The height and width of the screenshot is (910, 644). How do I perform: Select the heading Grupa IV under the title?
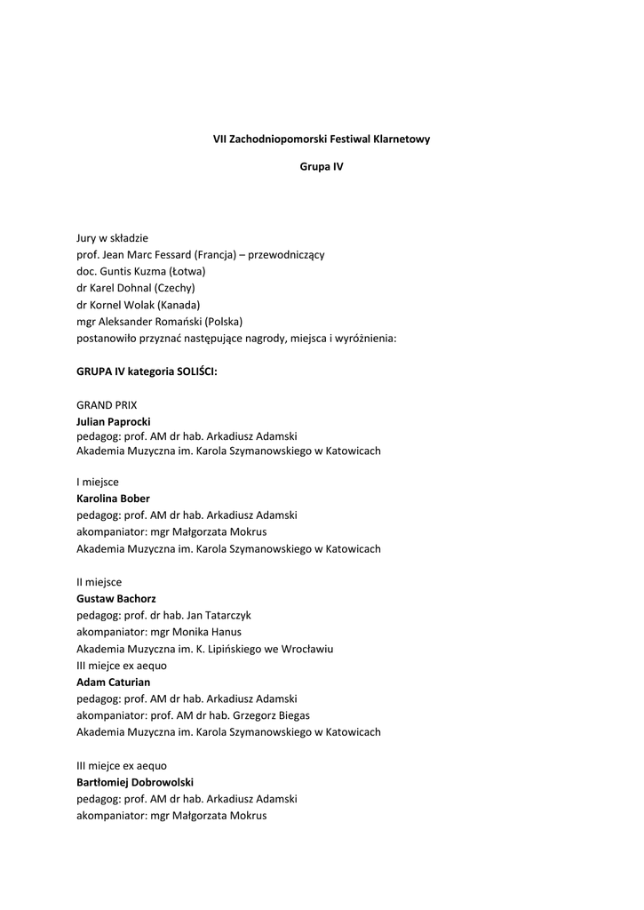[x=322, y=166]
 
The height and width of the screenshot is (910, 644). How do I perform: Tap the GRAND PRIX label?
[x=107, y=404]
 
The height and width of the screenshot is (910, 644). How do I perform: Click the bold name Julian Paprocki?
[x=114, y=421]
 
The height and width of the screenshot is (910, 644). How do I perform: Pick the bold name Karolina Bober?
[x=113, y=499]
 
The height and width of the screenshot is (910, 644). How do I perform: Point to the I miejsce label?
[x=98, y=482]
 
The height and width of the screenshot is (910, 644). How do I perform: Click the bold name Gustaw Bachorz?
[x=115, y=599]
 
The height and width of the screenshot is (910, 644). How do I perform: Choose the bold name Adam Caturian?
[x=113, y=682]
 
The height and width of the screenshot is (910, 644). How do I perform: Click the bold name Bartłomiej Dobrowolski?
[x=135, y=782]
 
